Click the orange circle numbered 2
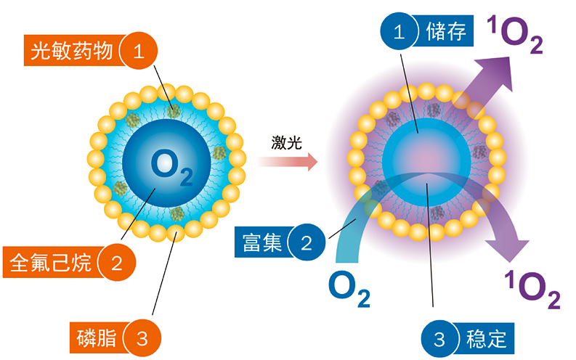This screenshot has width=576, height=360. [116, 262]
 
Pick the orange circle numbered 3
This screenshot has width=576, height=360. [142, 337]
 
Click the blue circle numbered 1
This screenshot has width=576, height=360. [398, 33]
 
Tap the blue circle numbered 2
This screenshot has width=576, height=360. [307, 242]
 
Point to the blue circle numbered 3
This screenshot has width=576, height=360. [439, 337]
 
